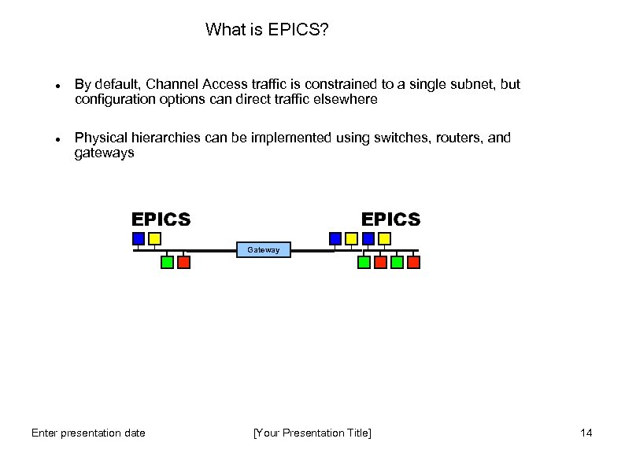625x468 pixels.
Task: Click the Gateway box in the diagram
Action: (264, 250)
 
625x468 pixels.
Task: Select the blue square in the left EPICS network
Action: (139, 238)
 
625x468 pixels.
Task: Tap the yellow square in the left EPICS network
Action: (155, 238)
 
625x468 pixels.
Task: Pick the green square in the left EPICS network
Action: (167, 263)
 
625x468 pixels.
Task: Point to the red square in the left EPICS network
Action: (183, 263)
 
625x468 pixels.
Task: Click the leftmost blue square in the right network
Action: (335, 238)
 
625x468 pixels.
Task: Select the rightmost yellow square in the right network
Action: (384, 238)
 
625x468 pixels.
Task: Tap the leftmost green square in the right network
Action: (364, 263)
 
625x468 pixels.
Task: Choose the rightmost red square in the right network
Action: (413, 263)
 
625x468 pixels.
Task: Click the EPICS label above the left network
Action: (161, 219)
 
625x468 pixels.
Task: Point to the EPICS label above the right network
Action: (390, 219)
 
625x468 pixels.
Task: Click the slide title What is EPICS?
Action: (267, 30)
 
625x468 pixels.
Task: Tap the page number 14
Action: (586, 433)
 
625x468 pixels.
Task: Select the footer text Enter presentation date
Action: (88, 433)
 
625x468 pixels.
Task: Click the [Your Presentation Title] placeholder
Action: (312, 433)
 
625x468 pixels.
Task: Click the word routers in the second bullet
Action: (457, 138)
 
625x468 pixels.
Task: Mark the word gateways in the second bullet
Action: (104, 153)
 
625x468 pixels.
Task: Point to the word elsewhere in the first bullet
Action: (347, 100)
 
